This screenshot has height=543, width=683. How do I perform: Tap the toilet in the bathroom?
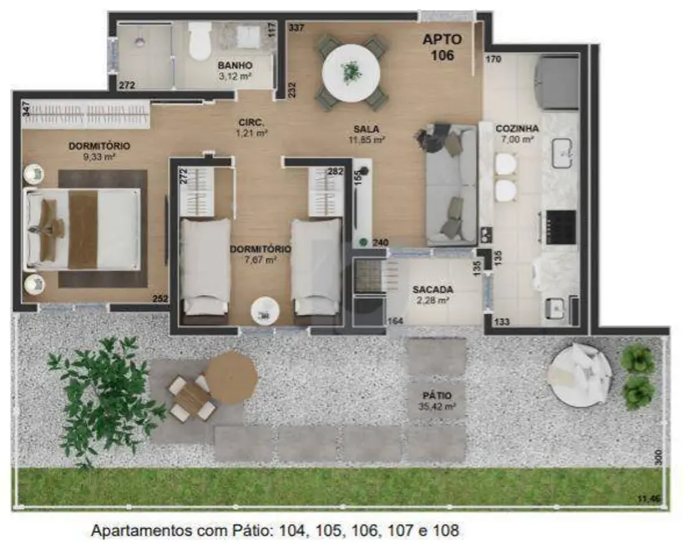200,40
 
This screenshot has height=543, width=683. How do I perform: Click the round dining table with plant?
352,72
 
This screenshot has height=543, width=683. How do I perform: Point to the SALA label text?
367,129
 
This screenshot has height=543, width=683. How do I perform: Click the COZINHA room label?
518,129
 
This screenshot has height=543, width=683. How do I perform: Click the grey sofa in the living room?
451,184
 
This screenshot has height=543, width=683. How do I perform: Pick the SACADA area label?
432,290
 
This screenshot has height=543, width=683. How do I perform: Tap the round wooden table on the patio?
230,377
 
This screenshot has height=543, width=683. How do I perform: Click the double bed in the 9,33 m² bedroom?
83,228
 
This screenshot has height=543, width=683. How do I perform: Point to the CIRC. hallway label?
250,122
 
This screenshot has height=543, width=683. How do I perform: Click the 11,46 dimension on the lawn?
649,498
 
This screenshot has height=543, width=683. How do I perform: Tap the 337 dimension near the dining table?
296,28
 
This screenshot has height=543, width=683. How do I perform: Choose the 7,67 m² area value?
261,260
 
